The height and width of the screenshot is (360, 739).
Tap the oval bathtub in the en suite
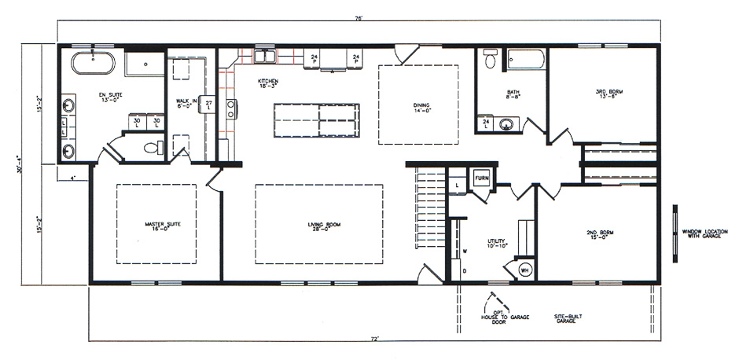93,62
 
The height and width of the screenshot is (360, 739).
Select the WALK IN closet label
186,103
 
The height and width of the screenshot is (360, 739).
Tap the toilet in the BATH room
491,59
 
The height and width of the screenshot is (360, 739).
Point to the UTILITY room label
497,244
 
